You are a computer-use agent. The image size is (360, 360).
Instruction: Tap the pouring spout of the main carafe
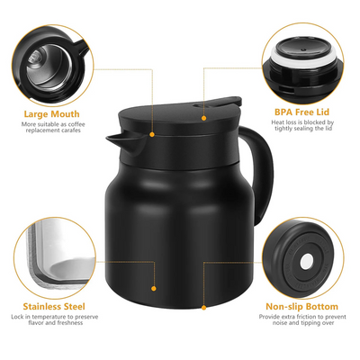[x=116, y=139]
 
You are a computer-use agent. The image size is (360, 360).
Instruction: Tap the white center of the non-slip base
[x=305, y=262]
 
